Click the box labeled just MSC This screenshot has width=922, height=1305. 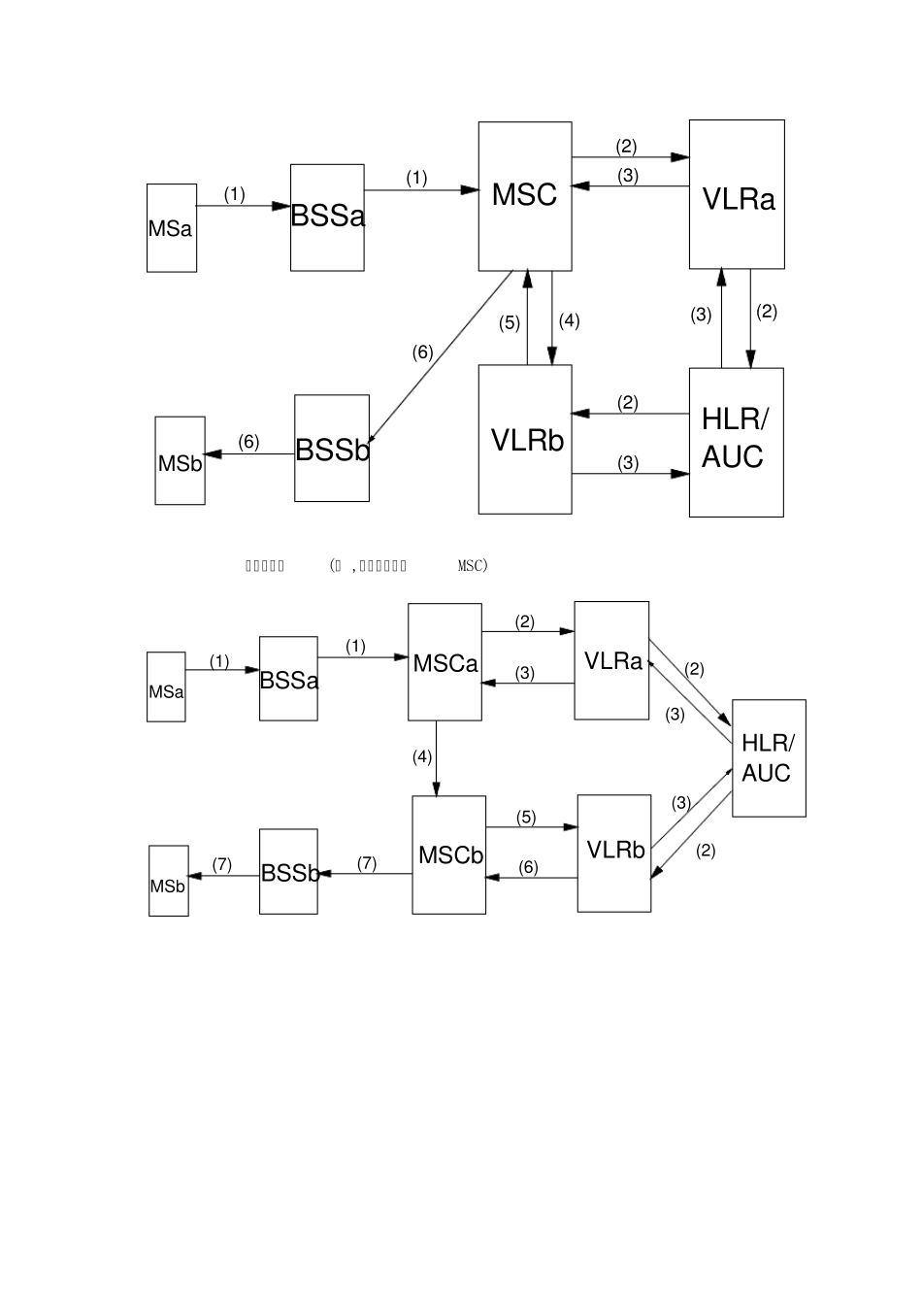pos(524,196)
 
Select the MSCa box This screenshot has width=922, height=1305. pos(445,662)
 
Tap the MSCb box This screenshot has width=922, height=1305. pos(448,854)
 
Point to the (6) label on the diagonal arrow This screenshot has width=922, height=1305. pos(422,352)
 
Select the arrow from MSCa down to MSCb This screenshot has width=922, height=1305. pos(437,757)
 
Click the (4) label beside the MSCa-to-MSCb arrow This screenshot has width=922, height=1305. pos(422,757)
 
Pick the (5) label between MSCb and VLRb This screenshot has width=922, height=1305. pos(526,818)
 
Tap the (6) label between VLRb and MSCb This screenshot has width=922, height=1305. pos(528,868)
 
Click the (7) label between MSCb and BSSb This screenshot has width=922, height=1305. pos(367,863)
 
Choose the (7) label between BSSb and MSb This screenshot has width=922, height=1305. pos(222,864)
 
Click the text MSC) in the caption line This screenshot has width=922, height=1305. pos(473,566)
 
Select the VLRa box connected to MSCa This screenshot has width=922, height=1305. pos(611,660)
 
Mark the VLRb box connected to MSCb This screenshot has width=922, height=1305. pos(614,853)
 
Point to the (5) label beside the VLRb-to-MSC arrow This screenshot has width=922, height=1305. pos(510,323)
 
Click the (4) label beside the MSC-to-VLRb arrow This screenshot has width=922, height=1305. pos(569,320)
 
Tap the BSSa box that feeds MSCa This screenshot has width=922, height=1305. pos(288,679)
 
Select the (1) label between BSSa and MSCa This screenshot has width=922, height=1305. pos(355,647)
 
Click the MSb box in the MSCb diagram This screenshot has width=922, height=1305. pos(168,881)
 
